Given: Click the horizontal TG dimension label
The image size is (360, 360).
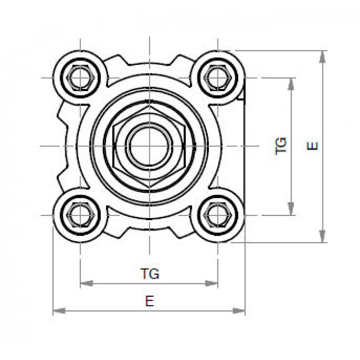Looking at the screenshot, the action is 150,274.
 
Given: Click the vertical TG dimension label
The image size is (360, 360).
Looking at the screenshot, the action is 281,146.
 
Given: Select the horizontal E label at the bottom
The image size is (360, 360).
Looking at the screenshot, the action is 150,301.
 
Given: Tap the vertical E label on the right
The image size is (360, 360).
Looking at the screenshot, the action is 312,146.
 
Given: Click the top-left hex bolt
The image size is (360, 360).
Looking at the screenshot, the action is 80,78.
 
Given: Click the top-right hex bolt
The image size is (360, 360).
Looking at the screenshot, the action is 218,78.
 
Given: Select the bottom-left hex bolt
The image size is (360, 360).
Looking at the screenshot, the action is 80,215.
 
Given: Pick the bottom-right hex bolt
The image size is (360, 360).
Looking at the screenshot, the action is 218,215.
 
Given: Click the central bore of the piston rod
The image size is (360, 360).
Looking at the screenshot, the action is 149,146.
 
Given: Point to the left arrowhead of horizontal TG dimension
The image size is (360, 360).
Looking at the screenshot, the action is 86,283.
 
